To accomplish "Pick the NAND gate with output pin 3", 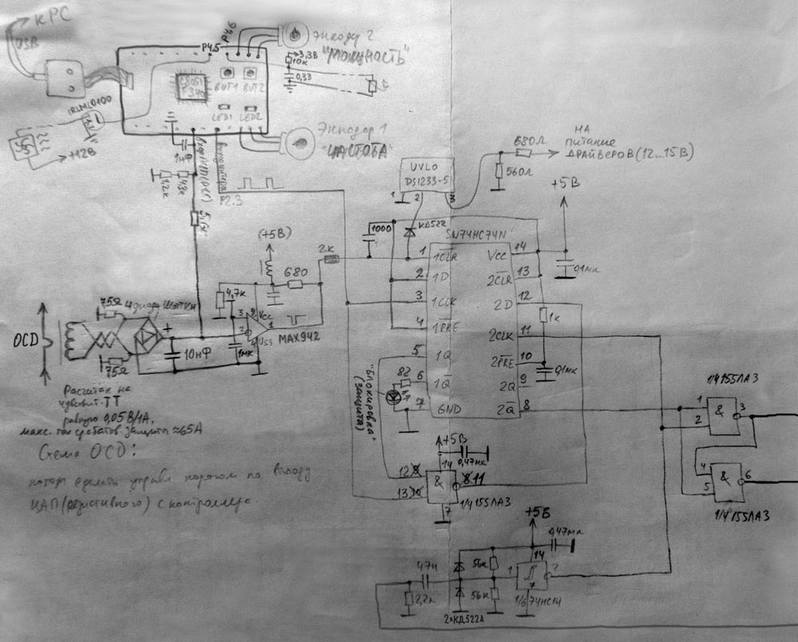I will click(x=724, y=414).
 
